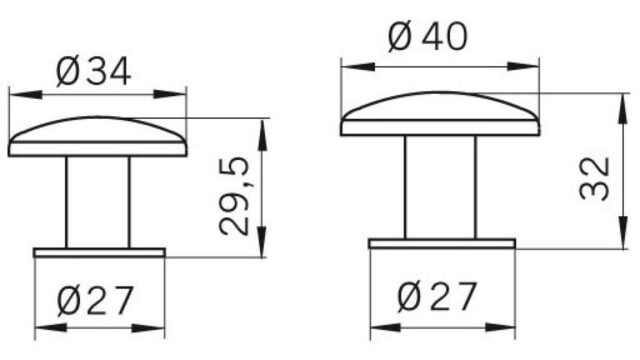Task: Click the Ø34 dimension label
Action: click(x=94, y=72)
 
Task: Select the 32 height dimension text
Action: click(x=594, y=178)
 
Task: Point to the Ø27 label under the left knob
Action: click(x=95, y=300)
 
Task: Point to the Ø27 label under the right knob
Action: click(x=437, y=296)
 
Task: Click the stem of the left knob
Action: click(x=98, y=202)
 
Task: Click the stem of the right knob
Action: click(x=440, y=187)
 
